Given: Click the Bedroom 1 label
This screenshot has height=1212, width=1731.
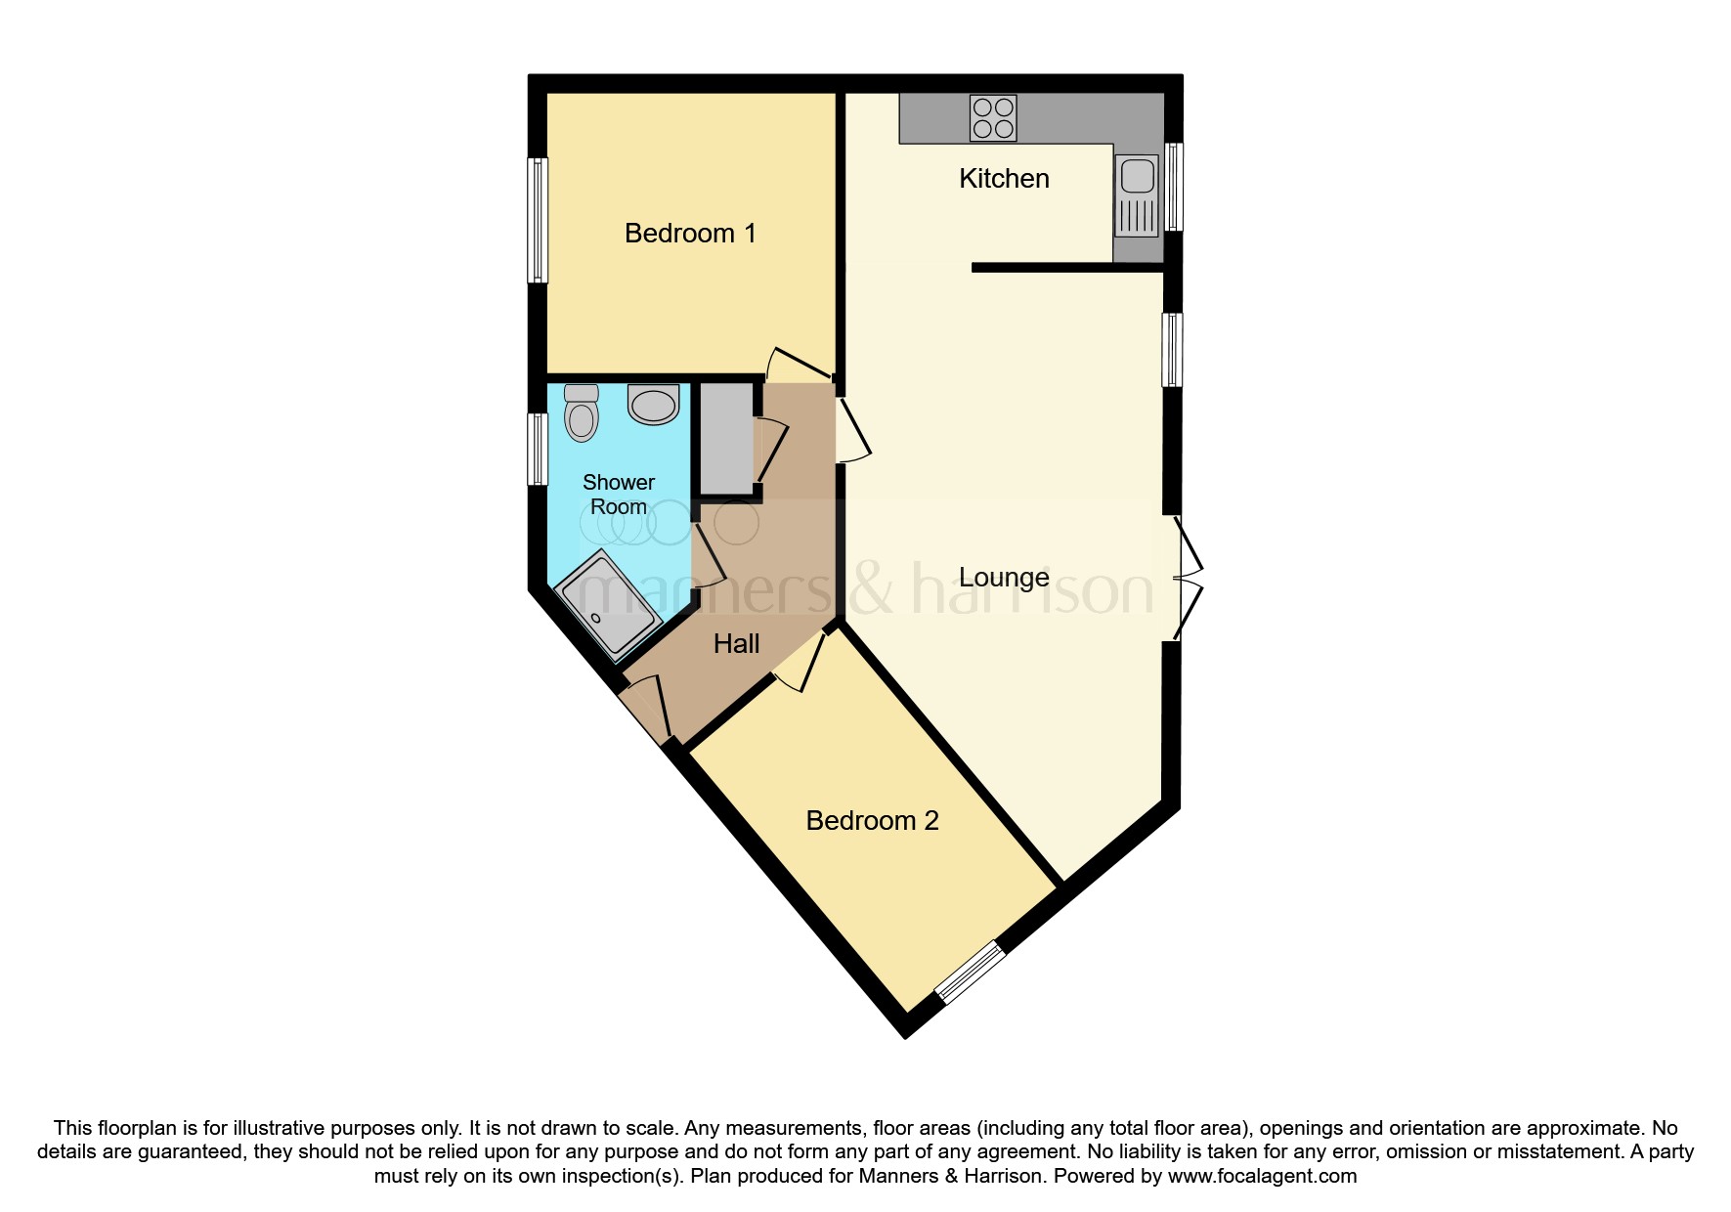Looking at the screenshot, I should [x=690, y=234].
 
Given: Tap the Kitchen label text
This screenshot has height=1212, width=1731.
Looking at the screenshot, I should [x=1004, y=179].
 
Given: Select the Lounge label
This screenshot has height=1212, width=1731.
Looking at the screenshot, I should [x=1004, y=578].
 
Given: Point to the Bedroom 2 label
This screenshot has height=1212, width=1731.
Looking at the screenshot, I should [x=872, y=821].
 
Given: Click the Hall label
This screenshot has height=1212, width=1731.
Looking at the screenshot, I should [x=736, y=644].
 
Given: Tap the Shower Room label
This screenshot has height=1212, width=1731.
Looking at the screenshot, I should [x=618, y=495].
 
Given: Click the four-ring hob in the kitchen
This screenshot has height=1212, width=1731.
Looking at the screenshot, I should [x=993, y=118].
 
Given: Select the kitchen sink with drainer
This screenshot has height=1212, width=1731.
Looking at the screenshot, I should [x=1137, y=196].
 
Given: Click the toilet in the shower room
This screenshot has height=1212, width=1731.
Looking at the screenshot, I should [x=582, y=412].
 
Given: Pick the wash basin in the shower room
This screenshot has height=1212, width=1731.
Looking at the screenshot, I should [x=653, y=404].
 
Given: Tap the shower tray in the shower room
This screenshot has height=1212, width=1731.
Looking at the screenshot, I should [x=609, y=603].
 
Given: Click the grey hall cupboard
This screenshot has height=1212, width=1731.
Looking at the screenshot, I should [x=727, y=439].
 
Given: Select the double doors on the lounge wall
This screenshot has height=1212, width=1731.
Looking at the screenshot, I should [x=1186, y=578].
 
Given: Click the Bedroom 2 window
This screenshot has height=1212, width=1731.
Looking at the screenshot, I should [x=970, y=972].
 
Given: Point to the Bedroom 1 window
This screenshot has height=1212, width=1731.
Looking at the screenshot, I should [x=538, y=221].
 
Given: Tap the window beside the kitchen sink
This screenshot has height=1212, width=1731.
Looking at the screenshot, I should [x=1175, y=187].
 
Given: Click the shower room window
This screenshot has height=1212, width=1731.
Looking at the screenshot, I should [x=538, y=449].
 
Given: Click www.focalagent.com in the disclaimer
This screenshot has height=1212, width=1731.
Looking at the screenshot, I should [x=1262, y=1176].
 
